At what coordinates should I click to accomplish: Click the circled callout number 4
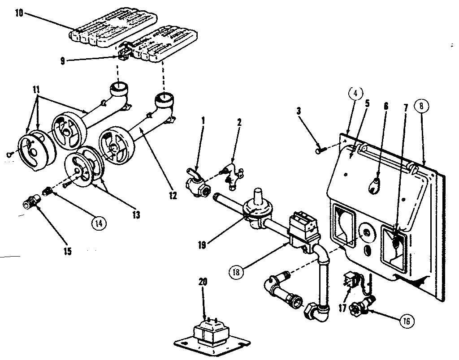[354, 95]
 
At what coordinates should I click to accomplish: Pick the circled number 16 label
[406, 321]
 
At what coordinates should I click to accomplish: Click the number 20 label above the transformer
[203, 283]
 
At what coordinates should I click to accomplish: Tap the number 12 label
[173, 195]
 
